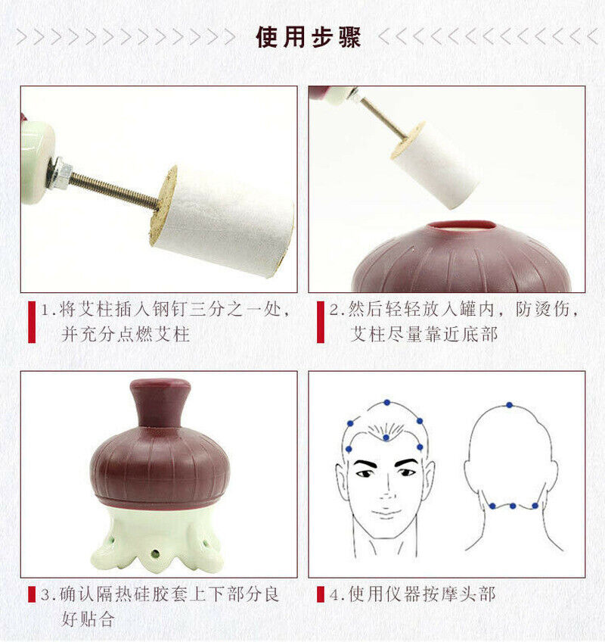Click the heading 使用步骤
coord(308,38)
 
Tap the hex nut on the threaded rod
coord(60,173)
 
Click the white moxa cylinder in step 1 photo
coord(222,222)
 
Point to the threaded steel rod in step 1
coord(114,189)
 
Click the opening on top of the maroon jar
coord(462,226)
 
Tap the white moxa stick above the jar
coord(434,165)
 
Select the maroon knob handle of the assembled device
coord(160,403)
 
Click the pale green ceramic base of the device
coord(157,540)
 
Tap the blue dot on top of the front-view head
coord(386,403)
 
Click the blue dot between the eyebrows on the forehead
coord(386,438)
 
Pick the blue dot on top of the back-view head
coord(509,405)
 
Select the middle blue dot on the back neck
coord(513,506)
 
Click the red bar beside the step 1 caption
coord(32,322)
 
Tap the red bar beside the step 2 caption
coord(321,322)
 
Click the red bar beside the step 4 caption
coord(321,594)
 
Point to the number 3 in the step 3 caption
coord(45,594)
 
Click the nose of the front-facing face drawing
coord(386,488)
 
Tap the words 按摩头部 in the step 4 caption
coord(459,594)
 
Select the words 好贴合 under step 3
coord(88,619)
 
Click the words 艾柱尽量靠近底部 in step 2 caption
coord(423,334)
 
